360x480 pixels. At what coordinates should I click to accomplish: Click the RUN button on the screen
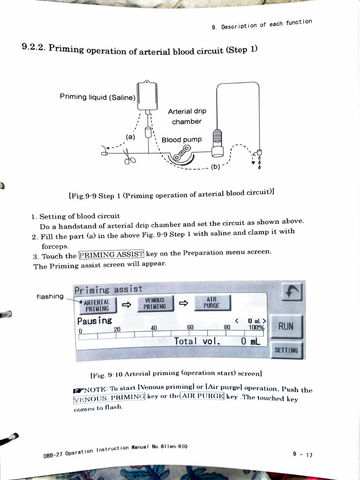tap(286, 326)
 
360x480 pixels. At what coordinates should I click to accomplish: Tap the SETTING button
tap(286, 350)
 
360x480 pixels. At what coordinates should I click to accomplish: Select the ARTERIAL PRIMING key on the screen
tap(97, 305)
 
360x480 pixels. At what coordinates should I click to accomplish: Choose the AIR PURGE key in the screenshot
tap(211, 302)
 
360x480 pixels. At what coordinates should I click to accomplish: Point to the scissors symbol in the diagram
tap(129, 160)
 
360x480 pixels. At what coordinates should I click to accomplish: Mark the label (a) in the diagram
tap(130, 137)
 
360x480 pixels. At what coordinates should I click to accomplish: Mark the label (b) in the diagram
tap(215, 166)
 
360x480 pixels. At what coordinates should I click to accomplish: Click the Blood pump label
tap(181, 140)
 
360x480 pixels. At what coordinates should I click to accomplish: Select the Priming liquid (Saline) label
tap(97, 97)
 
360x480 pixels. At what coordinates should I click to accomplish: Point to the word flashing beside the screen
tap(50, 296)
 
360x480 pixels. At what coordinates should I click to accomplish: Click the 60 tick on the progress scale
tap(190, 327)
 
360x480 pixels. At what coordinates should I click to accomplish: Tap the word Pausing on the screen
tap(95, 321)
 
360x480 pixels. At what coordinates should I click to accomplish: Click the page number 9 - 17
tap(302, 454)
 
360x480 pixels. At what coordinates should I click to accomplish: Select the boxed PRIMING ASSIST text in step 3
tap(111, 255)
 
